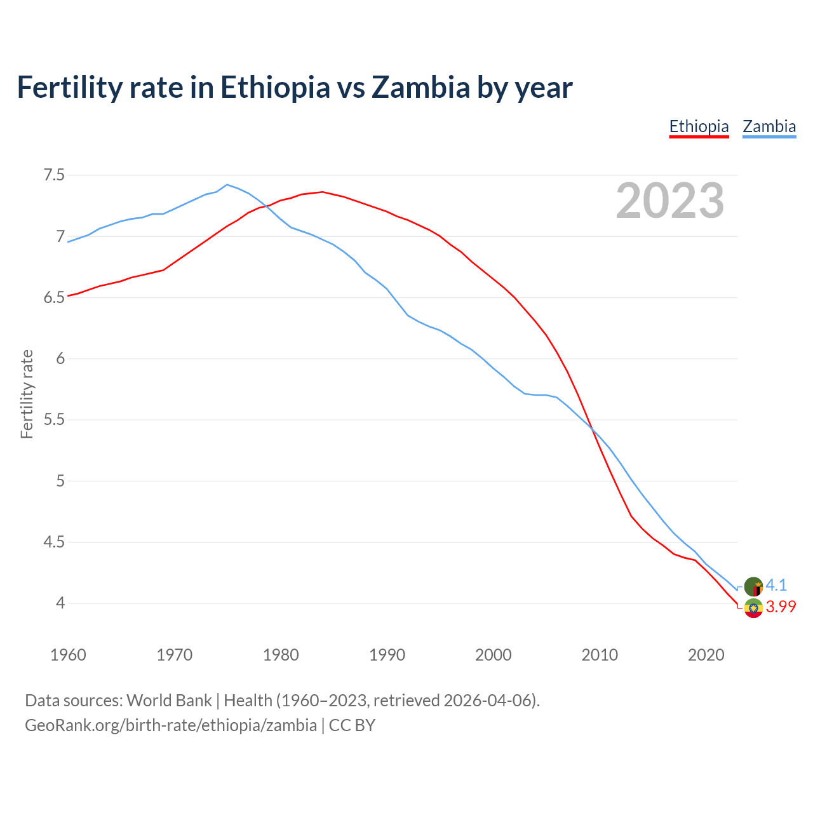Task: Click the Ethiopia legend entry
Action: (699, 126)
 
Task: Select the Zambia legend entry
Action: (769, 126)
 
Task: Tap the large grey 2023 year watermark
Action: (670, 201)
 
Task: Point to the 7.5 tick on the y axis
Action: (54, 175)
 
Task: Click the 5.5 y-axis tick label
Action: (54, 420)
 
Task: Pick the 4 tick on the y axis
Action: (60, 603)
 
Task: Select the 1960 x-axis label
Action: (68, 655)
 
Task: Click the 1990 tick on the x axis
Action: (387, 655)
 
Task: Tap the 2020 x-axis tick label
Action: (706, 655)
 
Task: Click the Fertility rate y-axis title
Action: (27, 394)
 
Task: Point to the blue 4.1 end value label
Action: (776, 585)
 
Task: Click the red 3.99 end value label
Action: (781, 607)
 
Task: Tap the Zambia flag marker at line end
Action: (753, 586)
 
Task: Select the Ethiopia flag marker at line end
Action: (753, 608)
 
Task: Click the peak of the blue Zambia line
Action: (227, 185)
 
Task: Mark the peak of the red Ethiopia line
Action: (323, 192)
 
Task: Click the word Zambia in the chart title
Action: (420, 87)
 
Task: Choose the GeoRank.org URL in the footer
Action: (170, 725)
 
